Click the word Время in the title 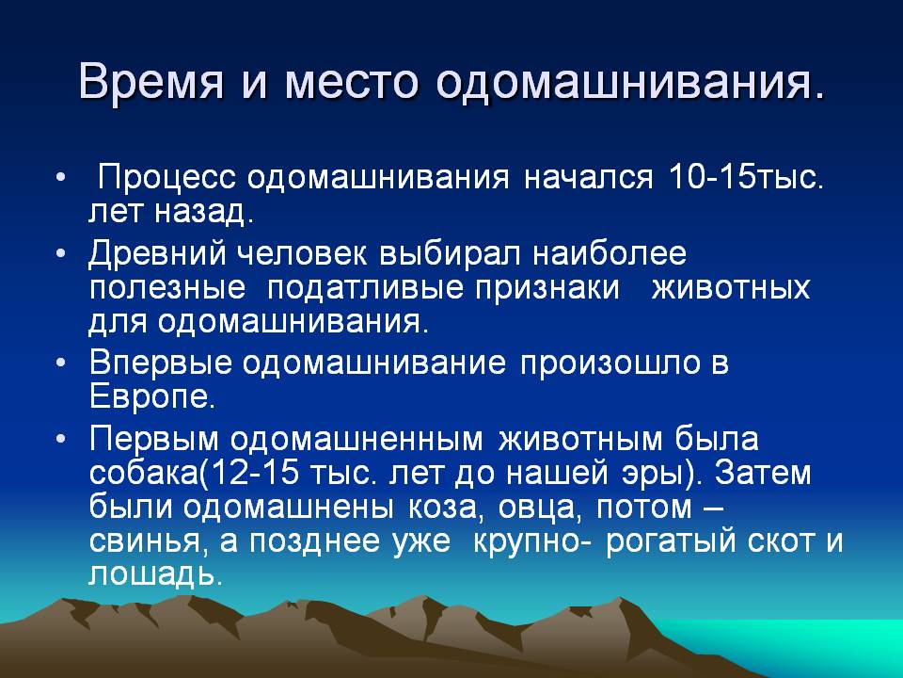point(150,80)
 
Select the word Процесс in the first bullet point(167,178)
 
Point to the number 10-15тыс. point(746,177)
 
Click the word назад point(204,212)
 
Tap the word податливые point(365,288)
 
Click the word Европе point(152,397)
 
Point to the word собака point(143,473)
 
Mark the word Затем point(763,472)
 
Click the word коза point(443,508)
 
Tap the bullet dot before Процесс point(61,178)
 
